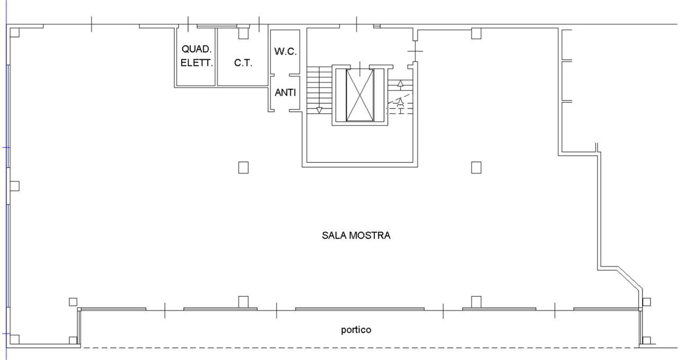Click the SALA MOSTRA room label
tap(356, 236)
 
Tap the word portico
tap(355, 330)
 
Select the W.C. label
tap(286, 52)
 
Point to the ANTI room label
tap(285, 93)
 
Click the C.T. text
tap(243, 62)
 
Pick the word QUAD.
tap(197, 49)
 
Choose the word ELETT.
tap(197, 62)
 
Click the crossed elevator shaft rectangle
tap(360, 95)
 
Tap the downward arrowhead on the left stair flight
tap(319, 110)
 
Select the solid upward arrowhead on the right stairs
tap(400, 83)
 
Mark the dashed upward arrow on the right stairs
tap(400, 101)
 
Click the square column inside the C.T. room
tap(243, 34)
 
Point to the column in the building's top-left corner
tap(15, 32)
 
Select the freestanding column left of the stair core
tap(243, 168)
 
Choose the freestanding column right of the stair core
tap(476, 168)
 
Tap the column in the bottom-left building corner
tap(15, 339)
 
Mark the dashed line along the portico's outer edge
tap(360, 348)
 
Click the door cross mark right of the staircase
tap(415, 51)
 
